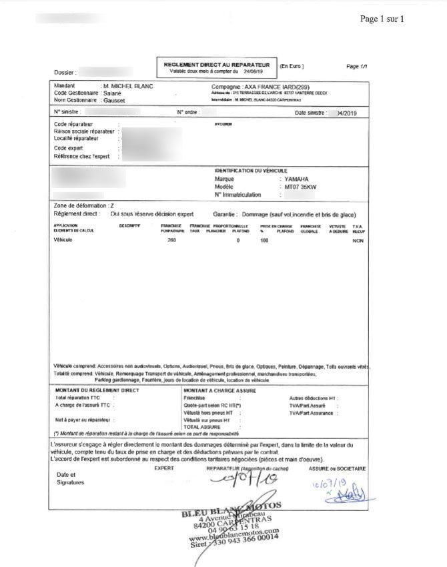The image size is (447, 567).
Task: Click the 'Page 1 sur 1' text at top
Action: (x=382, y=19)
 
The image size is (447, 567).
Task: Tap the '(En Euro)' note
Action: (x=292, y=66)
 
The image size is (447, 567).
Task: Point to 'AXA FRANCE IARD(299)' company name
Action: (x=274, y=87)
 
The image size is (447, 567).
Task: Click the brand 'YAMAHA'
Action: (x=296, y=179)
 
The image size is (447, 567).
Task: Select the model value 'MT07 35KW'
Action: (x=300, y=187)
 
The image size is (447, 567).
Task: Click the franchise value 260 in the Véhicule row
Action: (x=172, y=239)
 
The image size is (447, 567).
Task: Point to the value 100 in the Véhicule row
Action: (x=264, y=239)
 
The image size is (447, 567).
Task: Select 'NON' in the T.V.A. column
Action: (x=359, y=239)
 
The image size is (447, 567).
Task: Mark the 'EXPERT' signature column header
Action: (x=164, y=469)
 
